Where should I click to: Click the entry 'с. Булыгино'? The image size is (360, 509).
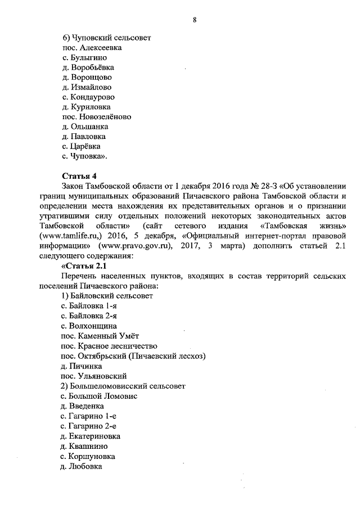(x=84, y=57)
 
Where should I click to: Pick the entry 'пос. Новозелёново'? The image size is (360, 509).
(x=96, y=116)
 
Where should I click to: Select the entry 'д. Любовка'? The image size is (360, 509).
(x=82, y=466)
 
